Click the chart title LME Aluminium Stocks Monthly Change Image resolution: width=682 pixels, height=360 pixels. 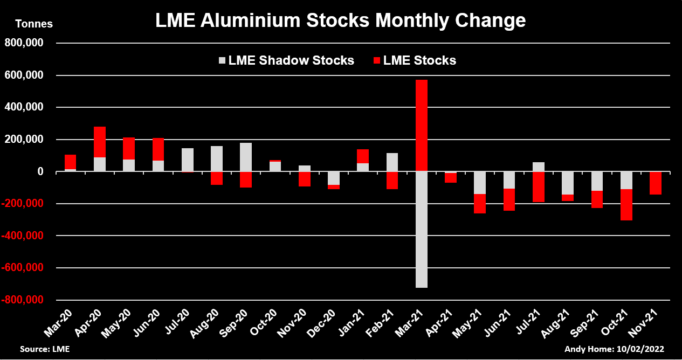340,20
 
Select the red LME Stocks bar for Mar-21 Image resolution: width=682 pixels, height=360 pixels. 421,126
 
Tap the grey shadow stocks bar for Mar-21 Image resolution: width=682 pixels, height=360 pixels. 421,230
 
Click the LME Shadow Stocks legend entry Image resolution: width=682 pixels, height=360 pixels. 286,60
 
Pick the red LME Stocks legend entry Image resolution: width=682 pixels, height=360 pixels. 414,60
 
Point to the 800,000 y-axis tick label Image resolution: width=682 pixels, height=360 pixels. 24,43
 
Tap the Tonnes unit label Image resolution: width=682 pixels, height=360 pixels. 35,24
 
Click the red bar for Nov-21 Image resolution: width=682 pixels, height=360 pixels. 656,183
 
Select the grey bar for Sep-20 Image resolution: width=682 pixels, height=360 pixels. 246,157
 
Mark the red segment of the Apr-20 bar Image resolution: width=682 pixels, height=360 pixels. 100,142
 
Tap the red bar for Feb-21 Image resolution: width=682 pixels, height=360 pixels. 392,181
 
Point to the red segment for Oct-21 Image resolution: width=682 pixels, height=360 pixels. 626,205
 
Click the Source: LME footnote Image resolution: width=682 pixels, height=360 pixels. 45,349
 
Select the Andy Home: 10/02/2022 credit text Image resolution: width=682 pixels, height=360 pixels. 614,349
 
